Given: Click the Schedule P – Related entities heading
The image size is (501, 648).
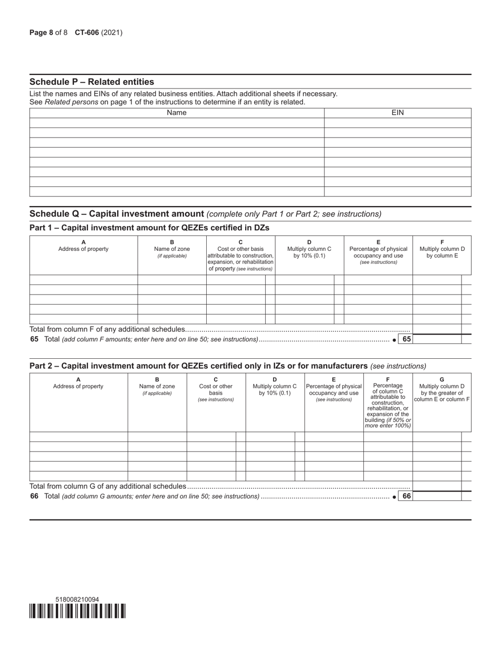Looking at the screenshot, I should click(x=92, y=82).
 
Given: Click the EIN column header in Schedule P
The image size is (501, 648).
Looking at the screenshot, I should click(x=397, y=112).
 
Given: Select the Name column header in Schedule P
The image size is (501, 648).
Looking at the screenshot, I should click(x=176, y=112).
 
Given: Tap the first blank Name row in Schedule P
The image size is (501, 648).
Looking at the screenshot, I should click(x=176, y=123).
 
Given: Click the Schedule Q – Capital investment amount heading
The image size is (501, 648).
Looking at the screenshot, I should click(x=117, y=213).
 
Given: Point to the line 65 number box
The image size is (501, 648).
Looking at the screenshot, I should click(x=406, y=339).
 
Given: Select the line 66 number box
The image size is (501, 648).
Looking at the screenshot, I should click(x=406, y=496).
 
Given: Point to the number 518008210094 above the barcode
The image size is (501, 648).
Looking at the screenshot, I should click(x=77, y=599).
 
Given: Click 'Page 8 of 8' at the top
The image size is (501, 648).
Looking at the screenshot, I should click(x=49, y=33).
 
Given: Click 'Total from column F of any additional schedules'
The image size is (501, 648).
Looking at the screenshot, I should click(x=108, y=329).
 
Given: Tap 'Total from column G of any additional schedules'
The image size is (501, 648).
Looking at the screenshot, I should click(x=108, y=486).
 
